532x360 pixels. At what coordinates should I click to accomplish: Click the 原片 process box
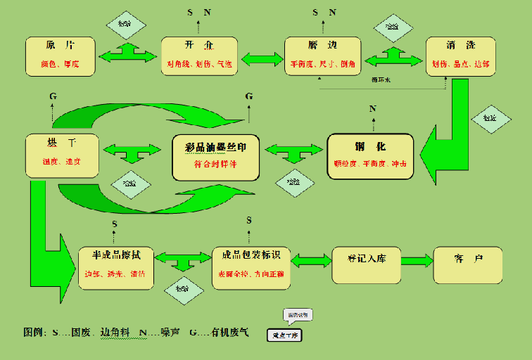(x=61, y=56)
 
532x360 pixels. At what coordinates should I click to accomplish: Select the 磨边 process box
(x=322, y=56)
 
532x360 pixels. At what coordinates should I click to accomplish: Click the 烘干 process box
(x=61, y=155)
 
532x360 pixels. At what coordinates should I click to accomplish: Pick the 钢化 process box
(x=370, y=155)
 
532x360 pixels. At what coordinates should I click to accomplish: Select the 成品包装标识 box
(x=251, y=266)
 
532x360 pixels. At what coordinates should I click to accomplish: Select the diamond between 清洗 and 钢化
(x=488, y=117)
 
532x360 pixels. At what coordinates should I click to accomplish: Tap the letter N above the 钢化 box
(x=372, y=108)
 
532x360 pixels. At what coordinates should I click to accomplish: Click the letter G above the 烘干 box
(x=53, y=96)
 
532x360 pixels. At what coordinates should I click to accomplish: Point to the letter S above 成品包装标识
(x=248, y=220)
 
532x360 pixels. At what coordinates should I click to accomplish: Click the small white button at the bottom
(x=284, y=335)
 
